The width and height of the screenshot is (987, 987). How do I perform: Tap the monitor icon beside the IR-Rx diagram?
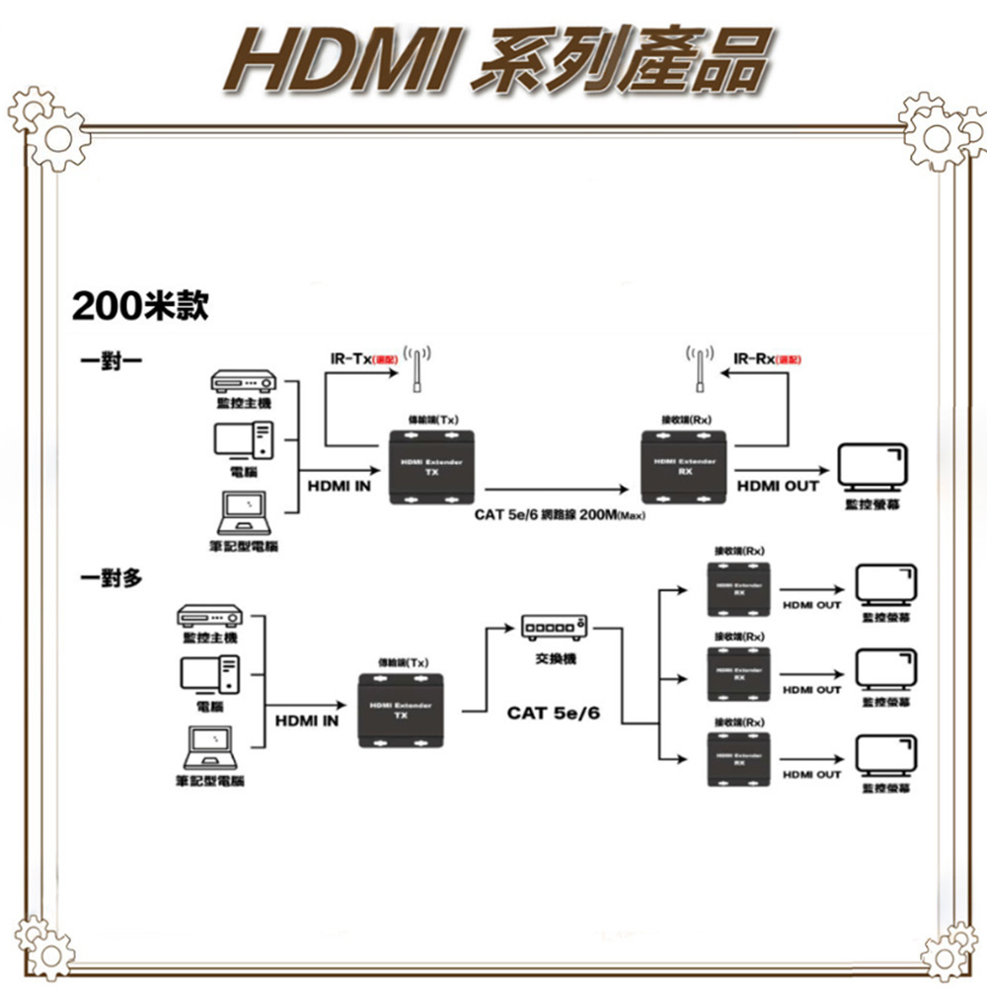(x=872, y=468)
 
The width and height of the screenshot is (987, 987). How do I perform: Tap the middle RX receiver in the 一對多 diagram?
(x=739, y=675)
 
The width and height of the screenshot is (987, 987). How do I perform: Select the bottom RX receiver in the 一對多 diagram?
(x=739, y=760)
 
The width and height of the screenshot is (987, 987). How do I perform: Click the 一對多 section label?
(x=111, y=578)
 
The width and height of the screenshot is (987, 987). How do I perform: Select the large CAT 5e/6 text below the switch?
(x=553, y=713)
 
